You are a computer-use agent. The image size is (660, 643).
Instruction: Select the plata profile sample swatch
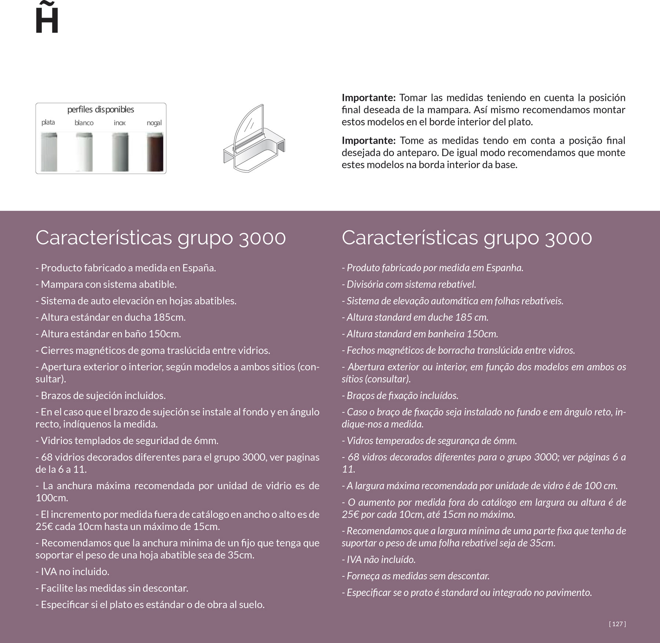pyautogui.click(x=49, y=152)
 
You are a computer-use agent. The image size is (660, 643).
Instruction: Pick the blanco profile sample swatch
pyautogui.click(x=84, y=152)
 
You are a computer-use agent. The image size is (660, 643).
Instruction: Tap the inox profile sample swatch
pyautogui.click(x=120, y=152)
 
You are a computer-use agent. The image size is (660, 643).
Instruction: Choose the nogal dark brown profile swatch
pyautogui.click(x=155, y=152)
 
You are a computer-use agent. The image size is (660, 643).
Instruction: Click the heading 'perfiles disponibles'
pyautogui.click(x=100, y=109)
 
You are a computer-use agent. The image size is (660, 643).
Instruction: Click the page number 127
pyautogui.click(x=617, y=624)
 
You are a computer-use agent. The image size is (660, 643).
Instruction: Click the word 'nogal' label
pyautogui.click(x=154, y=123)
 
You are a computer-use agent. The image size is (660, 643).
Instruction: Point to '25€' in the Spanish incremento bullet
pyautogui.click(x=43, y=526)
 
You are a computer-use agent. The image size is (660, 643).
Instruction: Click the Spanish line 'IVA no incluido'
pyautogui.click(x=73, y=571)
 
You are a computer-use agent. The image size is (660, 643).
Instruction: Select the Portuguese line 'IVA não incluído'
pyautogui.click(x=379, y=559)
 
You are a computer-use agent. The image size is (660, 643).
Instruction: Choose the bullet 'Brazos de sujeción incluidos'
pyautogui.click(x=101, y=395)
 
